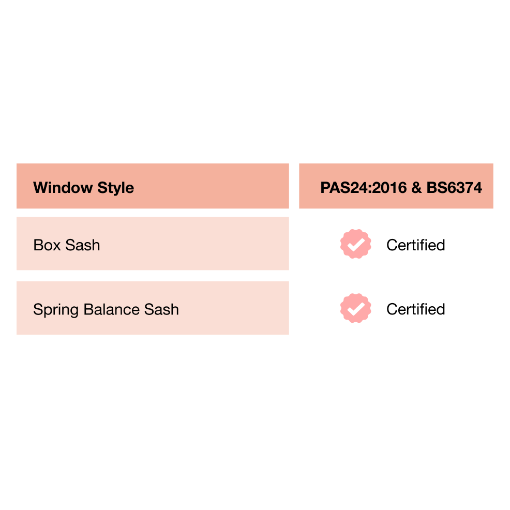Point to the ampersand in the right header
click(416, 187)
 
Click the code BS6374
click(454, 187)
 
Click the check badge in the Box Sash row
click(356, 245)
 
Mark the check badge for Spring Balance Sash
click(356, 309)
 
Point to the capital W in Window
click(40, 187)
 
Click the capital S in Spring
click(38, 309)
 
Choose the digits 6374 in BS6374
click(463, 187)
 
